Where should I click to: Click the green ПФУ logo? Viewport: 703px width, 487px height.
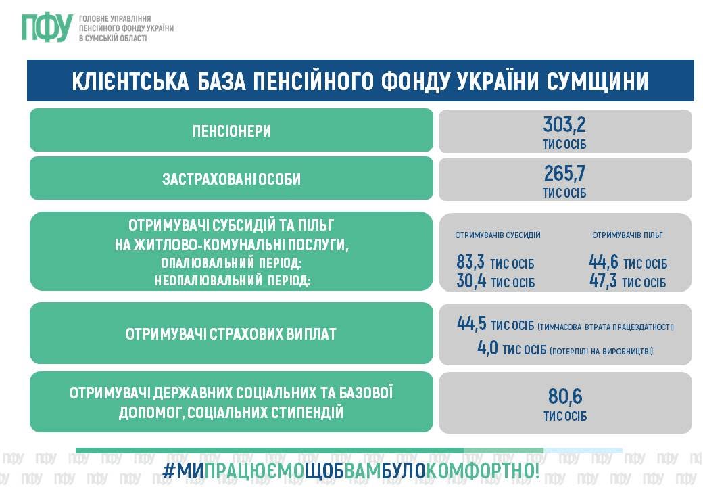47,27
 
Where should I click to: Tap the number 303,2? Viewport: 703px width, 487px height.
564,124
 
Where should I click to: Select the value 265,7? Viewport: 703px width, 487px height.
564,173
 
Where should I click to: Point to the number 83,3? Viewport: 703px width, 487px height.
470,261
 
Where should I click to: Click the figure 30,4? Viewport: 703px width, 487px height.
471,281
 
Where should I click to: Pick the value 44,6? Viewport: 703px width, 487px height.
603,262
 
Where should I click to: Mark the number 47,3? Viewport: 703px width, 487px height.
603,281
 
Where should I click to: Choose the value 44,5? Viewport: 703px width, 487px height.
471,323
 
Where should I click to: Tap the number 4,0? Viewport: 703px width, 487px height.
487,348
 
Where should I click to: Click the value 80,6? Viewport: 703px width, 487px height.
565,396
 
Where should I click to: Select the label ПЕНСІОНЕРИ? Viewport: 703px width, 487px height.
232,131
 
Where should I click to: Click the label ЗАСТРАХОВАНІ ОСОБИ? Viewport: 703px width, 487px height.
231,179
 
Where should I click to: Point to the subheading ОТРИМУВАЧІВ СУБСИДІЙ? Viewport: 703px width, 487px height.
498,235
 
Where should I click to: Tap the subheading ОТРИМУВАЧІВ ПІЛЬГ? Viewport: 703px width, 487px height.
627,235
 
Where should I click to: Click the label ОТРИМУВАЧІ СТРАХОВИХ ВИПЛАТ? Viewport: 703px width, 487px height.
231,334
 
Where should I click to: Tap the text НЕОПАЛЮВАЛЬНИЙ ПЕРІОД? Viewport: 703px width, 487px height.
233,281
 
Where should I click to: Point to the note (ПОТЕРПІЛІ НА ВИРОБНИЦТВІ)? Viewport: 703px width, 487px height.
601,351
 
